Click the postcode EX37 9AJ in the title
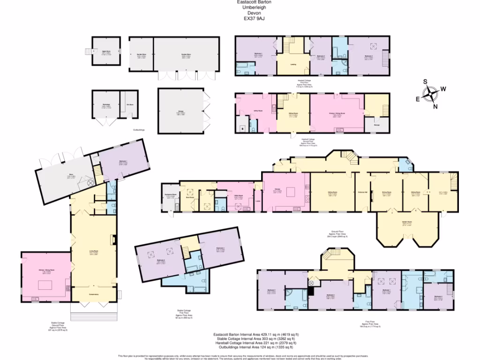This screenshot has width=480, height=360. click(254, 19)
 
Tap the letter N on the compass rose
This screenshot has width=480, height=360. click(435, 106)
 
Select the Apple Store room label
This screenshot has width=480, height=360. click(106, 53)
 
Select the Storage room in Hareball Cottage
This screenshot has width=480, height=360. click(377, 125)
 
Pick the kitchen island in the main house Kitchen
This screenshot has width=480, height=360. click(290, 192)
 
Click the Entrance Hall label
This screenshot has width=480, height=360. click(362, 193)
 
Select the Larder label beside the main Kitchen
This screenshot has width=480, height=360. click(258, 202)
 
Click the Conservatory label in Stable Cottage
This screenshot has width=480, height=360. click(94, 294)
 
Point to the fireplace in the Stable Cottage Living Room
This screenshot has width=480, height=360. click(113, 240)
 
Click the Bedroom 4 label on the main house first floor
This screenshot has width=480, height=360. click(438, 297)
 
